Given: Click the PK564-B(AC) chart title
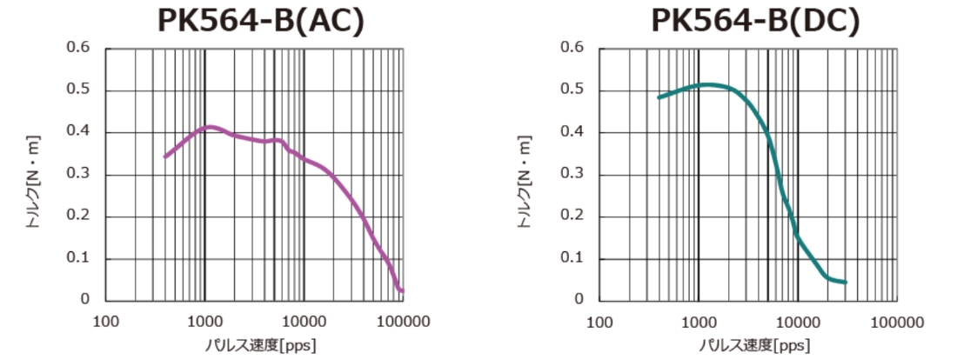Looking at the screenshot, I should [x=259, y=20].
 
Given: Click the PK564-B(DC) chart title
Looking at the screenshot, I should [x=756, y=20].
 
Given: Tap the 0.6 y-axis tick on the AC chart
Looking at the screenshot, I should [x=78, y=48].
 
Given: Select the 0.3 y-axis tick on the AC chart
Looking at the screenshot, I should [x=78, y=175].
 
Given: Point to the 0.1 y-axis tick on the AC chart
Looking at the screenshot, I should [x=78, y=258].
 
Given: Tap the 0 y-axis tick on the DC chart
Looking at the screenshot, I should [x=579, y=300].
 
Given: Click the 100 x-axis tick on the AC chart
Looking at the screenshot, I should [x=105, y=321].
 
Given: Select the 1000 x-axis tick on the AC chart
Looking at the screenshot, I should [x=204, y=321].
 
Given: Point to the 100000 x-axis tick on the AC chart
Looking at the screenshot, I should [x=403, y=321].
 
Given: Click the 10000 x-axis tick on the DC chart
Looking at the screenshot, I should [x=798, y=321].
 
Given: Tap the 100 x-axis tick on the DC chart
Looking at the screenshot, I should [x=599, y=321].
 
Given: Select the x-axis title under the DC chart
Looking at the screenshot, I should [x=747, y=344].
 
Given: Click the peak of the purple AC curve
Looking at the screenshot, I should [x=209, y=127].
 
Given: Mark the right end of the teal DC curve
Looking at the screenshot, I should [x=845, y=282].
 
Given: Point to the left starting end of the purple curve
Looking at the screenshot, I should [x=165, y=157].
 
